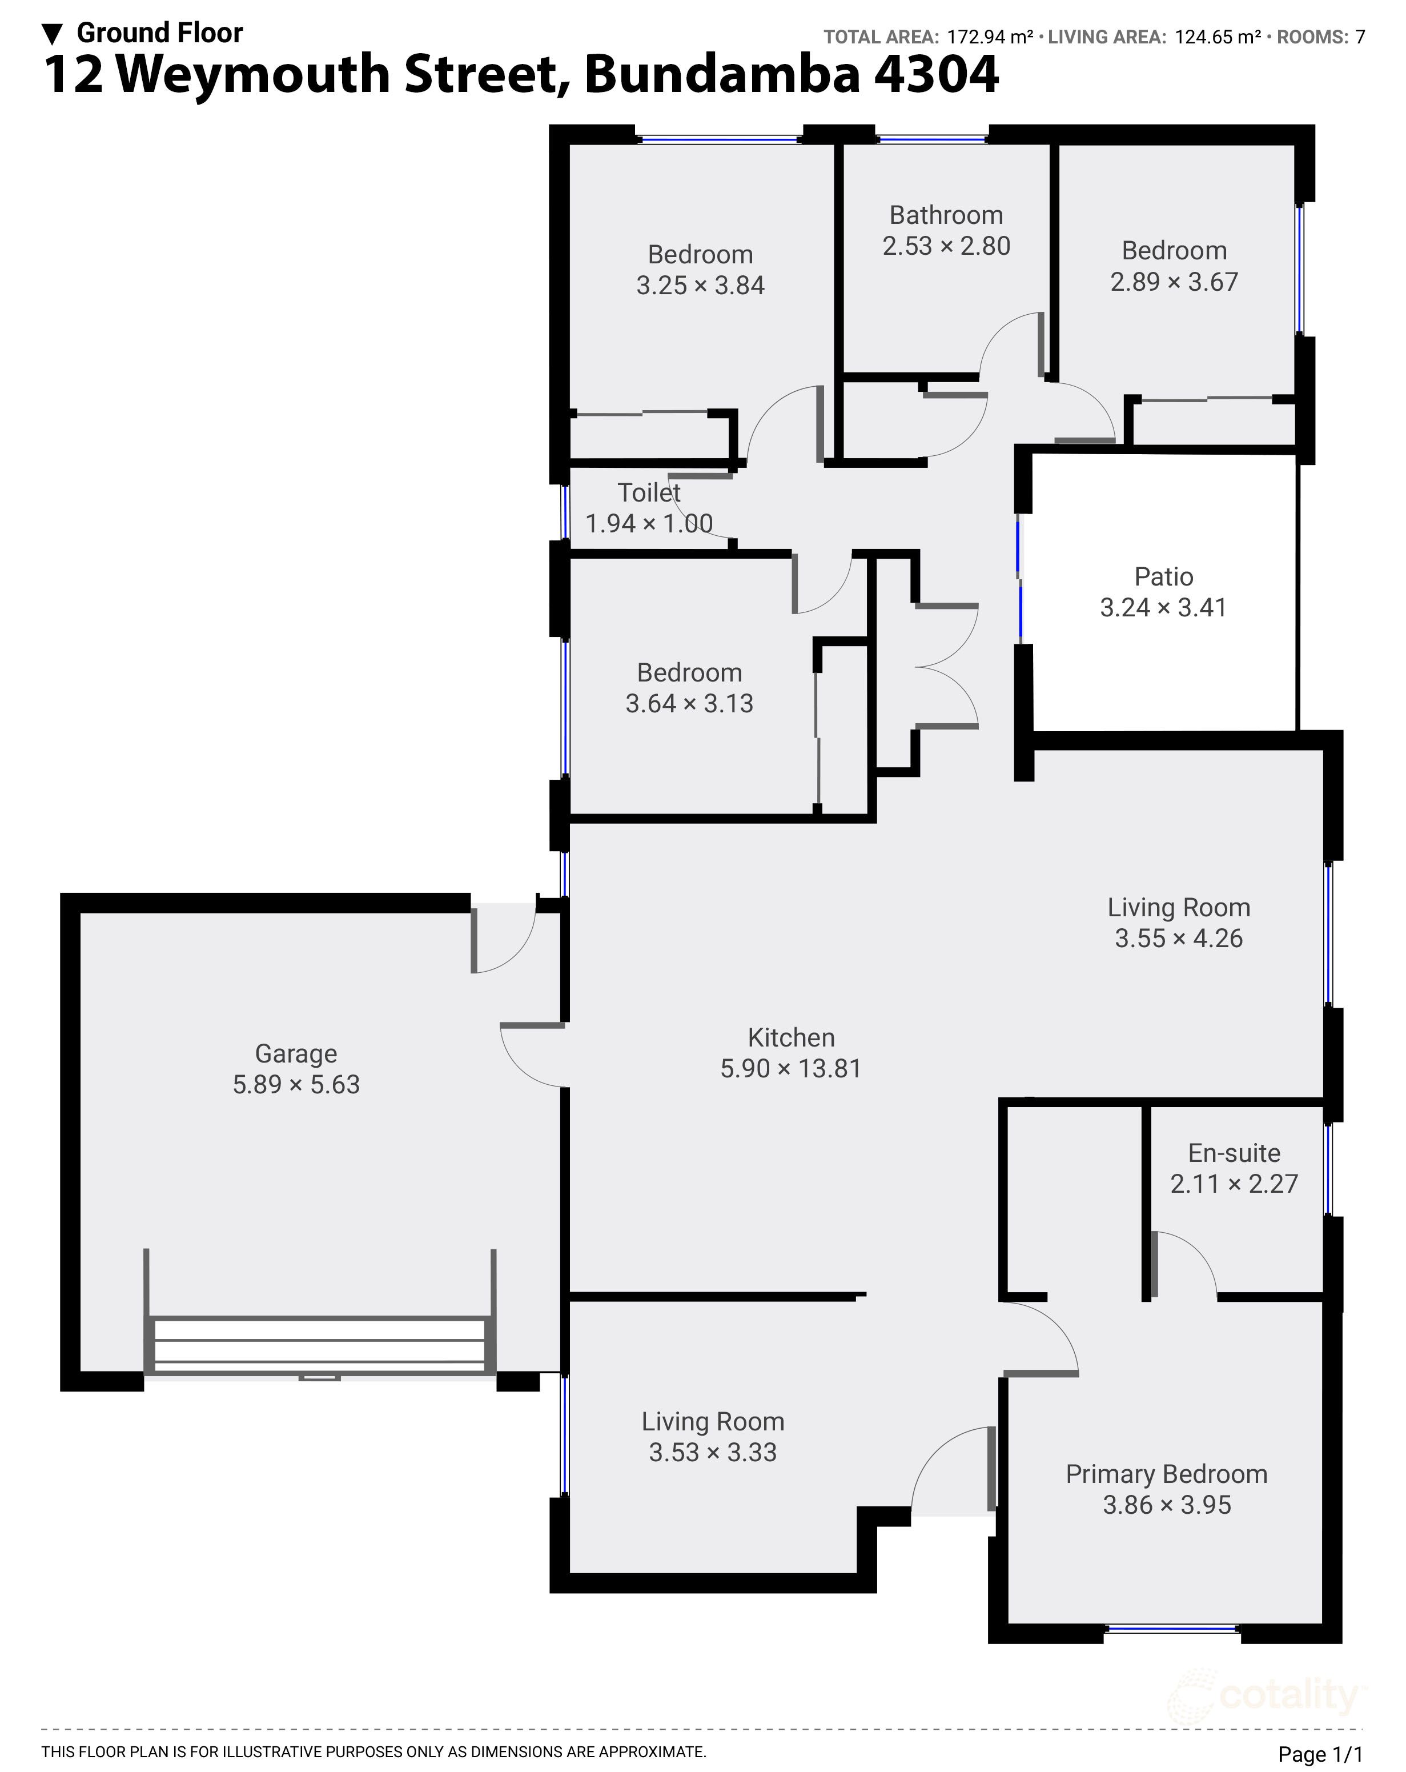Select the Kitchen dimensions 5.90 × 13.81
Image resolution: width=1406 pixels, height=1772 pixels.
(x=790, y=1068)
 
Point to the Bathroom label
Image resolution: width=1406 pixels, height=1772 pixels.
(x=946, y=215)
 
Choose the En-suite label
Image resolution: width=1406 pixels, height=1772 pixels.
(x=1234, y=1153)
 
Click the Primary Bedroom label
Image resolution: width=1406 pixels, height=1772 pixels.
(x=1166, y=1474)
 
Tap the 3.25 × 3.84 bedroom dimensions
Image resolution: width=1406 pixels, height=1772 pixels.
(x=700, y=285)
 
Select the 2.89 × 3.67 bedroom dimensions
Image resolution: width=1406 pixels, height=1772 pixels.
(x=1174, y=282)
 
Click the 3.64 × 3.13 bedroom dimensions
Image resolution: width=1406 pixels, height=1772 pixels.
(x=689, y=704)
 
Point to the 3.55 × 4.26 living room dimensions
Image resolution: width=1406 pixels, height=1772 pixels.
(x=1178, y=938)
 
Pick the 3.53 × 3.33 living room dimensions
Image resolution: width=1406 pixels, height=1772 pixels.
(x=713, y=1452)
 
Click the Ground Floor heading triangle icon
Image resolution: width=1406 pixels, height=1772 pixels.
(x=53, y=34)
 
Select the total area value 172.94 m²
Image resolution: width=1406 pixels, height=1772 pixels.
(x=989, y=37)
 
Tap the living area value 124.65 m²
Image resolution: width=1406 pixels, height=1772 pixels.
(x=1217, y=37)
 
